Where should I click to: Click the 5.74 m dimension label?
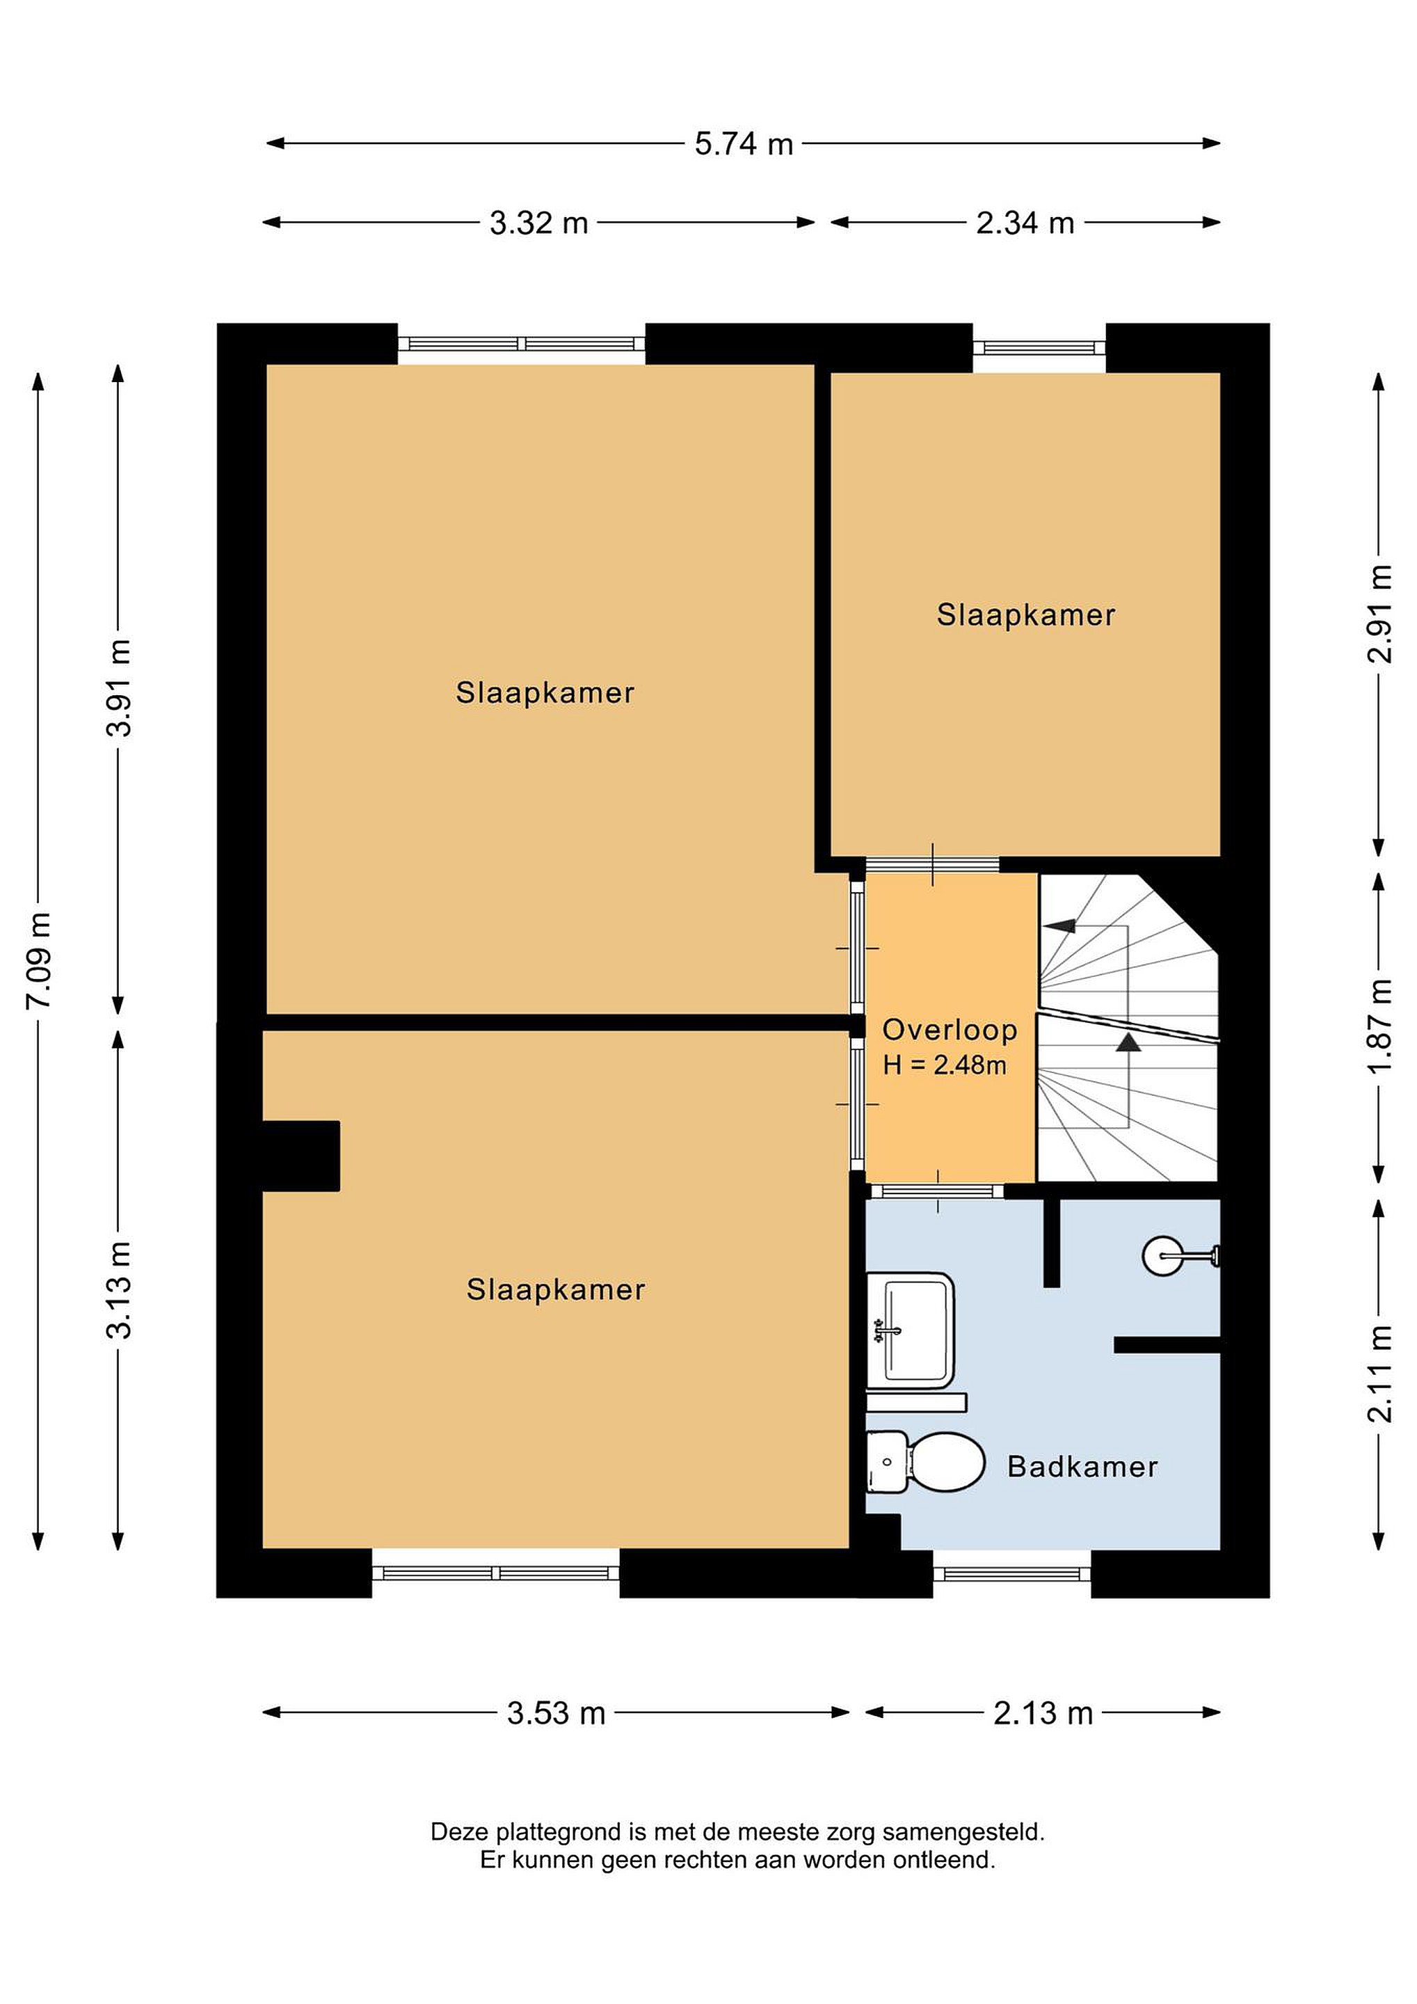point(744,144)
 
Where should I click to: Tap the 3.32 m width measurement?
point(538,223)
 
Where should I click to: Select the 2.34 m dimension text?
point(1025,223)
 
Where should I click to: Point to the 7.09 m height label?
point(39,960)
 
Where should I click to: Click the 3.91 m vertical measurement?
point(120,687)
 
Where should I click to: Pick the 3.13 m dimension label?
point(120,1290)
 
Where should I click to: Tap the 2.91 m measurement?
point(1379,614)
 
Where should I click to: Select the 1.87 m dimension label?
point(1379,1027)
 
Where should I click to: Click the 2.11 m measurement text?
point(1379,1374)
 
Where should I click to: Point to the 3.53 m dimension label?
point(556,1713)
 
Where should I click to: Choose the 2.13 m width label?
point(1043,1713)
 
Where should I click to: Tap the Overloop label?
point(950,1030)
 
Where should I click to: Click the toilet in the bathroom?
point(925,1462)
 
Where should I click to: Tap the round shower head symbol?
point(1163,1256)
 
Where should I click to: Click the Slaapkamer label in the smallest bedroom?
point(1026,615)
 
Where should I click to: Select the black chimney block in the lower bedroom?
point(301,1156)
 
